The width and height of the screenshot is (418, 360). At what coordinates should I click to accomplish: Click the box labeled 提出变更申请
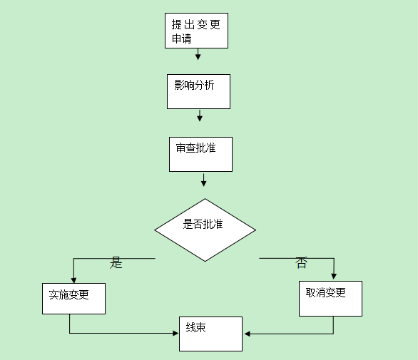(196, 31)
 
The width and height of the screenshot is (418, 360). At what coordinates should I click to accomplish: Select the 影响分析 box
(198, 91)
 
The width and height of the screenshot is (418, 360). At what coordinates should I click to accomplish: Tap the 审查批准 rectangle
(200, 154)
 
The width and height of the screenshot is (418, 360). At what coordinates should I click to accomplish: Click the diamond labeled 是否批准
(205, 230)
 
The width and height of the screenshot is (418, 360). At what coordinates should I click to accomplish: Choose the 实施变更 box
(73, 298)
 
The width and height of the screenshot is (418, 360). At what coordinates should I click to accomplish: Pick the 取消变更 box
(330, 298)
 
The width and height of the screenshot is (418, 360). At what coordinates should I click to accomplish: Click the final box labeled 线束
(210, 334)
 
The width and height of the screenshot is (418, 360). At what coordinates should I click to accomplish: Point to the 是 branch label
(116, 262)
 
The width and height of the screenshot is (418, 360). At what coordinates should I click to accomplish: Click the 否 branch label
(301, 263)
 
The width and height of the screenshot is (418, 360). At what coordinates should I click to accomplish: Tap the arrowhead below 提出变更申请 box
(198, 56)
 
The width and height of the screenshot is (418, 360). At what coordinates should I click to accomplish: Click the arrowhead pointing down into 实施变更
(73, 279)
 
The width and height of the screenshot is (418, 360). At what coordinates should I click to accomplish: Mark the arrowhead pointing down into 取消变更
(333, 277)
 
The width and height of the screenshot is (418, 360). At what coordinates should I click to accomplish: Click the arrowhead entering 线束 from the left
(175, 333)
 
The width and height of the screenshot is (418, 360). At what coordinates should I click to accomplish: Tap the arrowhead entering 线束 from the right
(247, 334)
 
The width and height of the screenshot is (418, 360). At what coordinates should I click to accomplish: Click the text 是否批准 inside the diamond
(203, 225)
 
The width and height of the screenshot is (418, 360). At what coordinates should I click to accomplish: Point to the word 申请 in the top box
(181, 38)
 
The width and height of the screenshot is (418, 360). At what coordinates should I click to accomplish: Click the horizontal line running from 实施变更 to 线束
(121, 333)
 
